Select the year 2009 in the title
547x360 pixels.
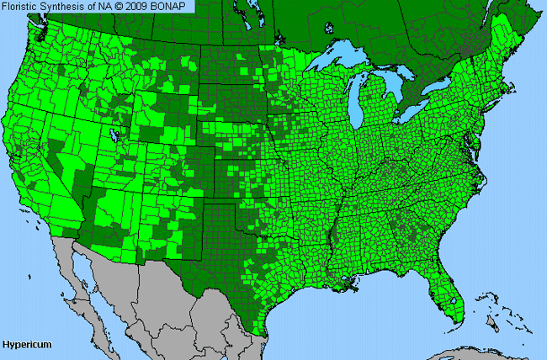[145, 6]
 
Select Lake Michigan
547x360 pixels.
[364, 101]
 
